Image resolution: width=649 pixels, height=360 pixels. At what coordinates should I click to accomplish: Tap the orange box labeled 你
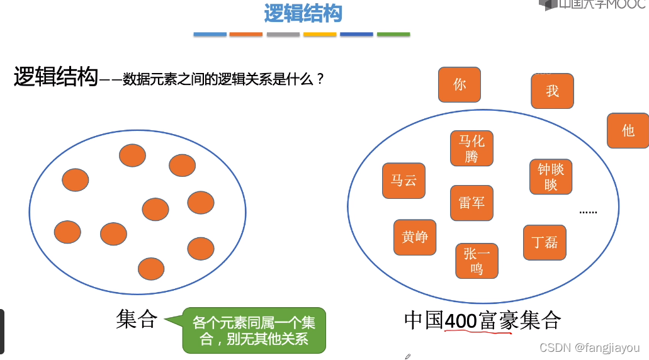tap(460, 84)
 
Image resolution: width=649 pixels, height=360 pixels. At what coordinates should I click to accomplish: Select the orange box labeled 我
tap(552, 91)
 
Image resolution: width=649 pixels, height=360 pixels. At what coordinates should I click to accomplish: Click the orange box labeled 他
tap(628, 131)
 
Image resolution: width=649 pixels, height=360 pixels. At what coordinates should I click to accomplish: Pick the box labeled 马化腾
tap(471, 149)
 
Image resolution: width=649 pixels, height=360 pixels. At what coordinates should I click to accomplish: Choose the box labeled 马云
tap(404, 181)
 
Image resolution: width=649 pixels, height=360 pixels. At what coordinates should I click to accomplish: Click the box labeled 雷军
tap(471, 203)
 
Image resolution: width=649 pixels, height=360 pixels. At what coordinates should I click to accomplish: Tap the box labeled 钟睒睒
tap(551, 177)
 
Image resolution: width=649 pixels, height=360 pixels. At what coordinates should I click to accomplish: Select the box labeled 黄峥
tap(415, 237)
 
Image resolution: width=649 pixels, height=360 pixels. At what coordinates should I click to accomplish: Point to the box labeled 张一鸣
tap(477, 261)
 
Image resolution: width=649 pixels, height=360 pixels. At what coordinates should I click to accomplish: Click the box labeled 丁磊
tap(545, 242)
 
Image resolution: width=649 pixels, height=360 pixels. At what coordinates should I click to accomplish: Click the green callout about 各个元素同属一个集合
tap(254, 330)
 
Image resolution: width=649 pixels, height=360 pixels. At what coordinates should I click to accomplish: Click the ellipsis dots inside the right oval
tap(588, 212)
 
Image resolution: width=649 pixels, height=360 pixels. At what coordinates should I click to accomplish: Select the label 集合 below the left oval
tap(136, 319)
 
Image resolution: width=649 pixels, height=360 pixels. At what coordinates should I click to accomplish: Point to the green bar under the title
tap(393, 35)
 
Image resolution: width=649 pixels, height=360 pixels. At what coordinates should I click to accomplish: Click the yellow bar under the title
tap(320, 35)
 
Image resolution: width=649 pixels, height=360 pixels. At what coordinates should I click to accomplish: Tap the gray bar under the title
tap(283, 35)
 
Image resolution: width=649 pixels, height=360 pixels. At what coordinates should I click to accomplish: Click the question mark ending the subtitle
tap(320, 80)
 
